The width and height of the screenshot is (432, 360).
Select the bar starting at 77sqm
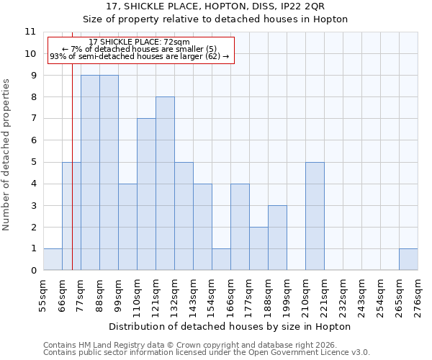tap(90, 173)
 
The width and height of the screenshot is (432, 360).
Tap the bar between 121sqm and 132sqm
tap(165, 184)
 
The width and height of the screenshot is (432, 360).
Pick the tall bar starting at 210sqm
tap(315, 216)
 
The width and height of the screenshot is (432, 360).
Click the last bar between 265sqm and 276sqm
tap(408, 259)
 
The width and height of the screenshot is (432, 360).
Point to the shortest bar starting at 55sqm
tap(53, 259)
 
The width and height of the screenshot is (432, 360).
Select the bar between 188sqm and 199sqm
tap(277, 238)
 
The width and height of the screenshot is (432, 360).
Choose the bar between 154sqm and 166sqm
tap(221, 259)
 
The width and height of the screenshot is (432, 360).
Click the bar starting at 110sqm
tap(146, 194)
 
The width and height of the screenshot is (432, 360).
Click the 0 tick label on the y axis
tap(32, 270)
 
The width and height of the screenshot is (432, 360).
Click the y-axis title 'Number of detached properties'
tap(7, 155)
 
